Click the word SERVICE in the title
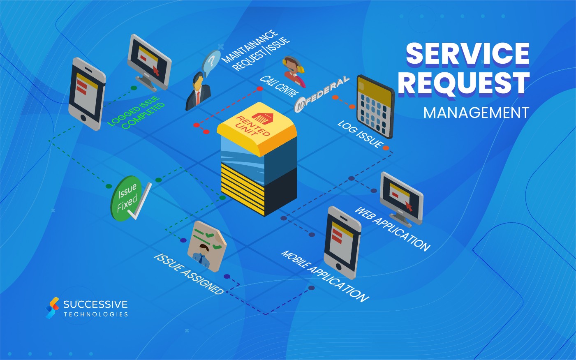(467, 53)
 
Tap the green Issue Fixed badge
(127, 198)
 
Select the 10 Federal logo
(322, 94)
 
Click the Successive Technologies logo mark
(52, 307)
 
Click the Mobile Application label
(325, 276)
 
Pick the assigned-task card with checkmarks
(206, 245)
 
